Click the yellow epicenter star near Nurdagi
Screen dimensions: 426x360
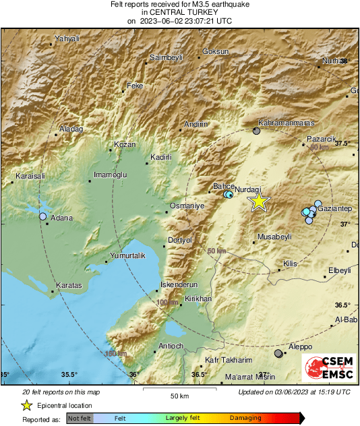tap(259, 202)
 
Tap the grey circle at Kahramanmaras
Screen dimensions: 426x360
tap(256, 131)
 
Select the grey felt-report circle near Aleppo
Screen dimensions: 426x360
tap(278, 353)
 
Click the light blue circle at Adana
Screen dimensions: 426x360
tap(43, 216)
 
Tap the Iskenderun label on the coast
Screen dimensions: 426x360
tap(179, 284)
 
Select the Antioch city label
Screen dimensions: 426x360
tap(171, 346)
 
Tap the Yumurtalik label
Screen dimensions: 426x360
tap(128, 255)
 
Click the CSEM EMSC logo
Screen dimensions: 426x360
tap(326, 368)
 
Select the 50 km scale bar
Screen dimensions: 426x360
tap(179, 390)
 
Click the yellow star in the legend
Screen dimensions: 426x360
tap(26, 405)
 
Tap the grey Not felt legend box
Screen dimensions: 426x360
tap(80, 418)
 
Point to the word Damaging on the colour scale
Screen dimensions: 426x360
tap(245, 418)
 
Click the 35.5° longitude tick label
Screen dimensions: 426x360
tap(69, 375)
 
